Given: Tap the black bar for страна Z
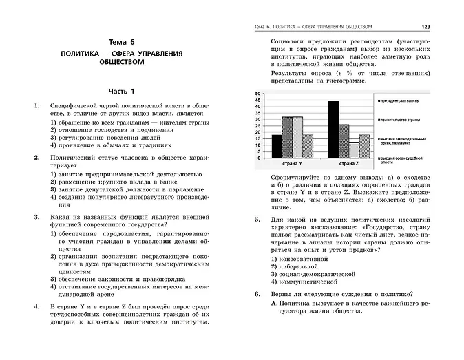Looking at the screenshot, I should [x=333, y=130].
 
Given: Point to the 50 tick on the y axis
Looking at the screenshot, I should [x=257, y=94].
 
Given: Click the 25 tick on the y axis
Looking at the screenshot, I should [x=257, y=127].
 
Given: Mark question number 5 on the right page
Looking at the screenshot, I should [x=256, y=220].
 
